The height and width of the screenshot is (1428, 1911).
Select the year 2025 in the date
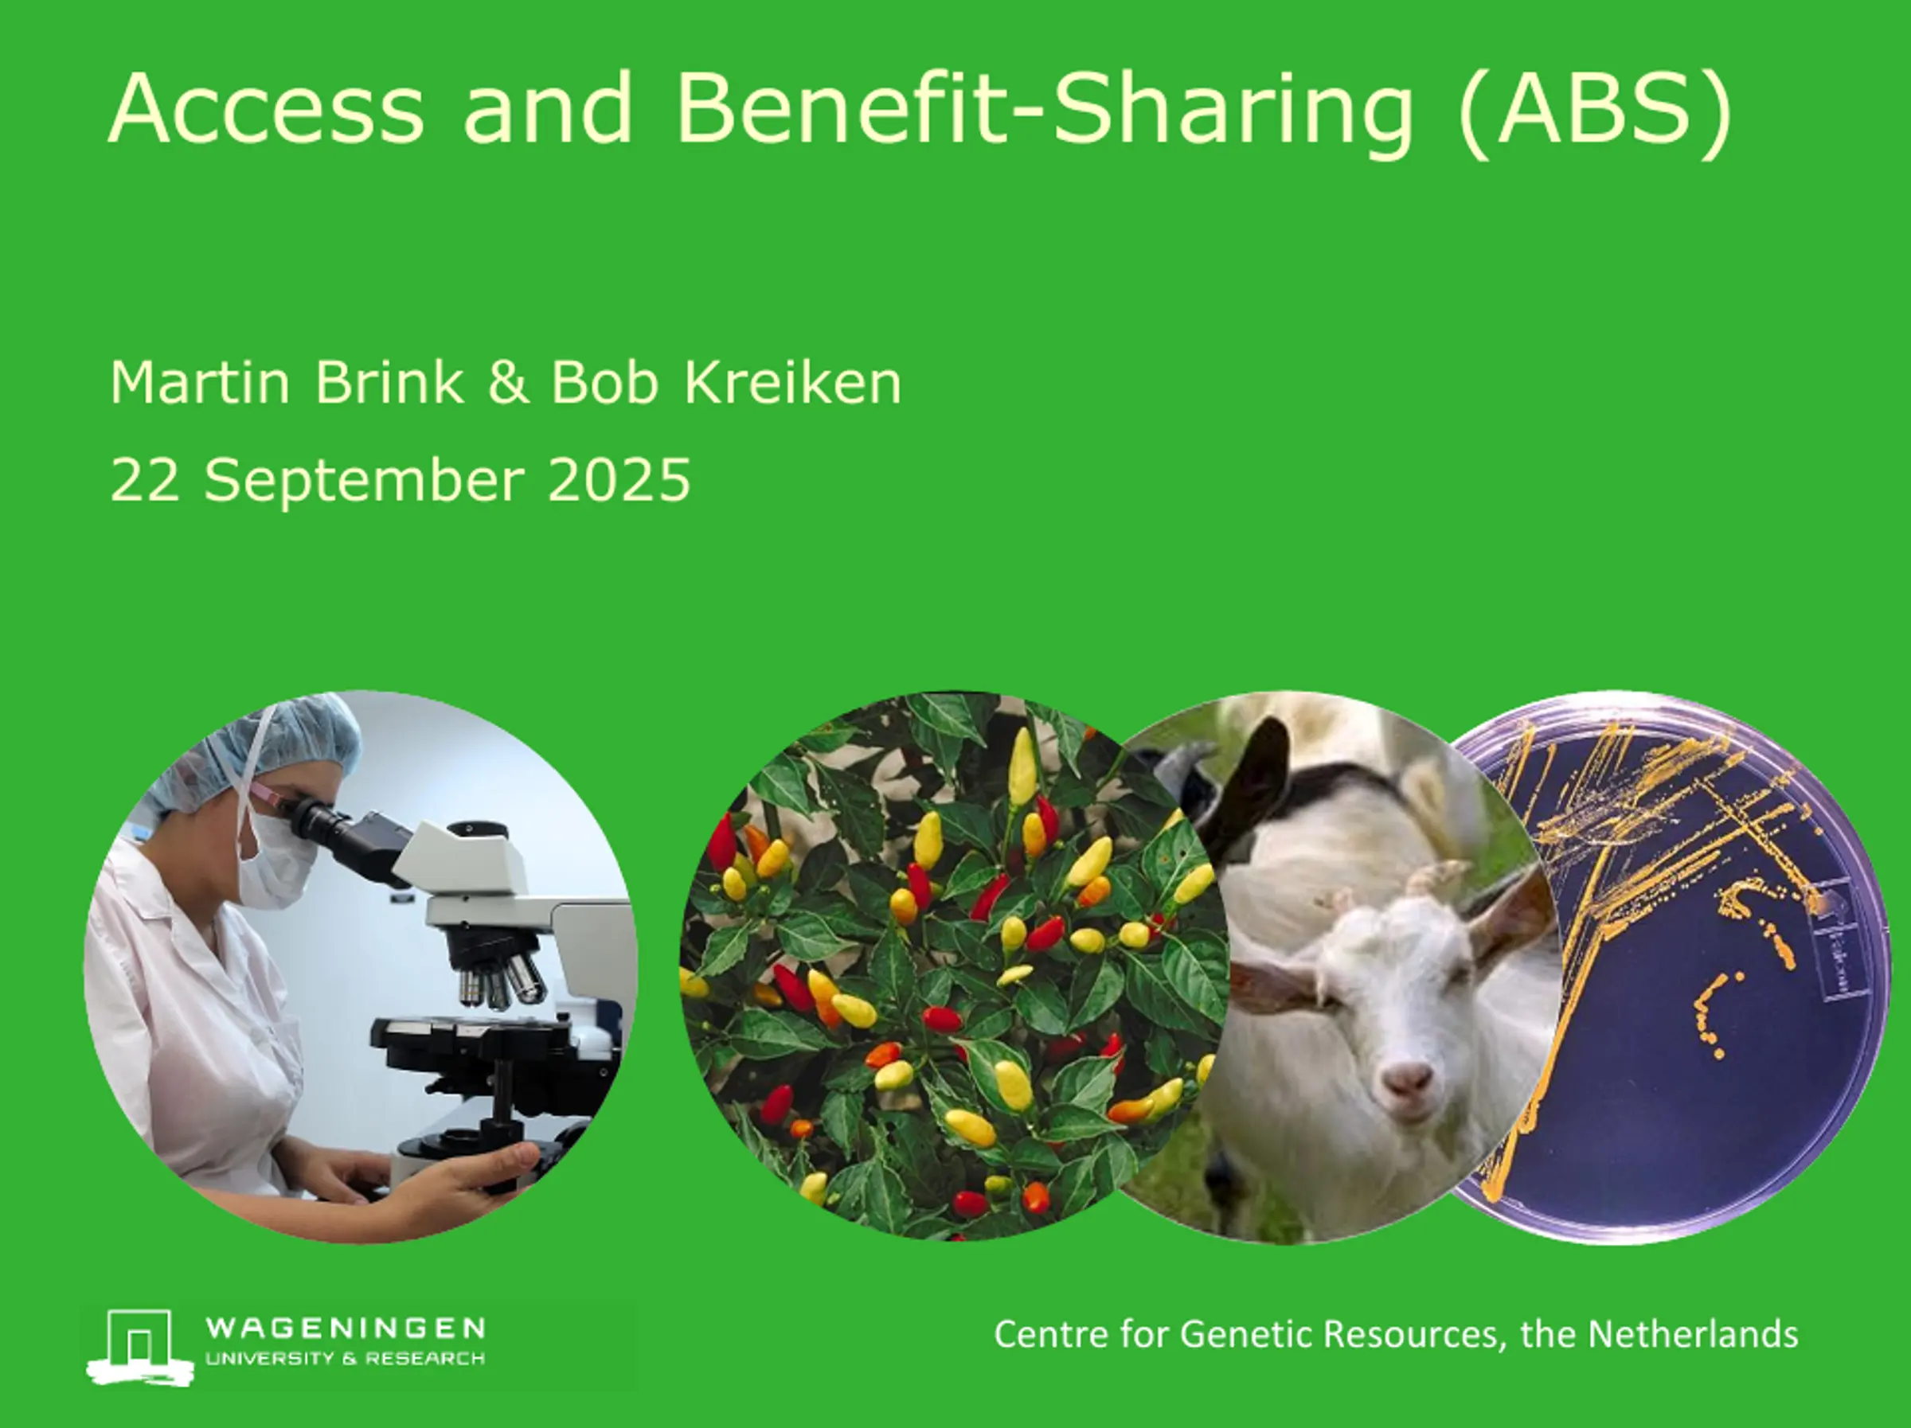pos(619,479)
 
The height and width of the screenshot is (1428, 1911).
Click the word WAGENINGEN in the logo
pos(346,1328)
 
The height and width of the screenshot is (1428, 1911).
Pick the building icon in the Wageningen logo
pos(140,1347)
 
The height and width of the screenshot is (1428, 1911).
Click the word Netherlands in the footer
pos(1694,1334)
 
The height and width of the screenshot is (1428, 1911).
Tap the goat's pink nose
pos(1405,1079)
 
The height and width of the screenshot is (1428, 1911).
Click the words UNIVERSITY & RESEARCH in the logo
pos(345,1359)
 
